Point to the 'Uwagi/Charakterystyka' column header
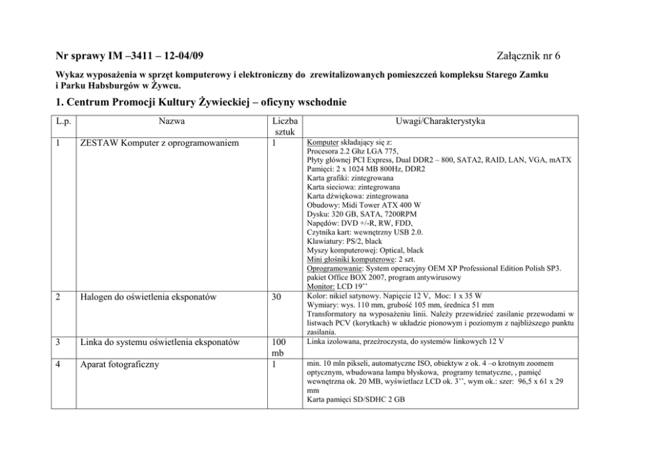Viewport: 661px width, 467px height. (440, 121)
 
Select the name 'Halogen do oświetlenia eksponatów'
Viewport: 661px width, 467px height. (156, 297)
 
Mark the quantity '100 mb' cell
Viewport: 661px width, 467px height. (279, 348)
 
